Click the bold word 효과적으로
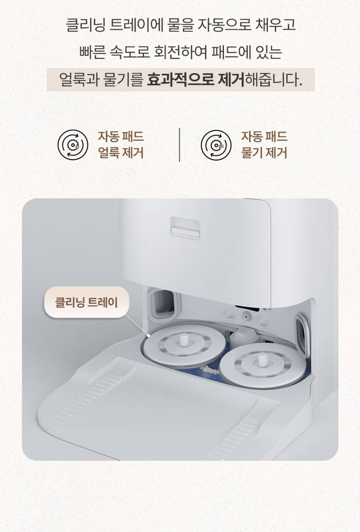click(180, 80)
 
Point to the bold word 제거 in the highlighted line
click(231, 80)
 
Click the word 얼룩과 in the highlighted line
click(79, 80)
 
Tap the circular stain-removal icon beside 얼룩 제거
click(73, 145)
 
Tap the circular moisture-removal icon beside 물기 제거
click(216, 145)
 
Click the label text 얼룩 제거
click(121, 153)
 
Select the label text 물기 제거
click(264, 153)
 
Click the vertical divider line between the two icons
click(180, 145)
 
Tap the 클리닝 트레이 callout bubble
click(86, 302)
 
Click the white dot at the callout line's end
click(149, 336)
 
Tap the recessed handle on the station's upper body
click(185, 228)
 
